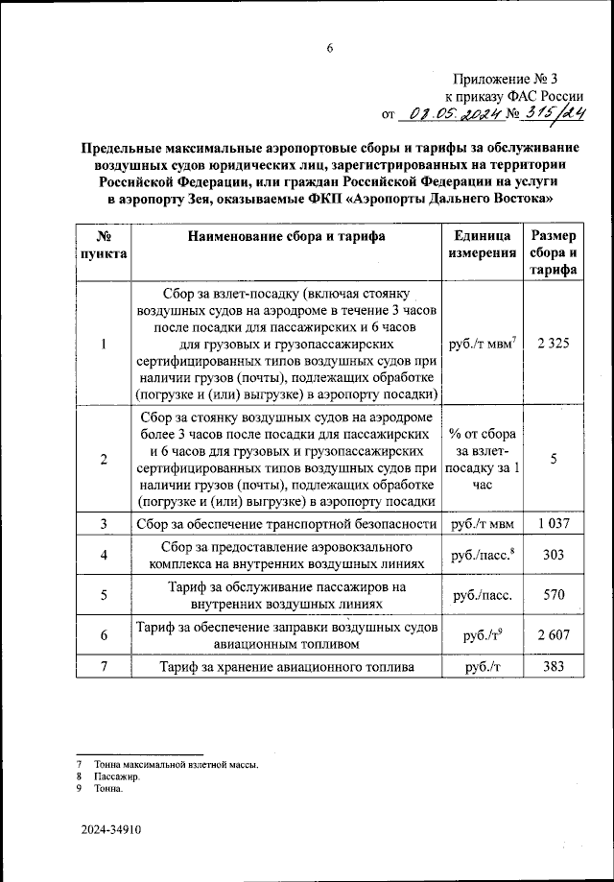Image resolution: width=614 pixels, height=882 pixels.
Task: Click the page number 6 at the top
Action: point(329,51)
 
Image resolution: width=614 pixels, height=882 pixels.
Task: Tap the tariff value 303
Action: point(553,555)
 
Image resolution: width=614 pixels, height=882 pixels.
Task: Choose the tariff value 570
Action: point(553,595)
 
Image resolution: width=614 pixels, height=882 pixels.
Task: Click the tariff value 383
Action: point(553,666)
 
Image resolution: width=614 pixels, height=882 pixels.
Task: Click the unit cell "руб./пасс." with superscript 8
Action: point(479,555)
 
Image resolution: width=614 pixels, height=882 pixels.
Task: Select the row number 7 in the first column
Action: point(103,666)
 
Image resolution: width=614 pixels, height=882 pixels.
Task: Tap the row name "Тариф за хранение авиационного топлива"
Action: point(287,666)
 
